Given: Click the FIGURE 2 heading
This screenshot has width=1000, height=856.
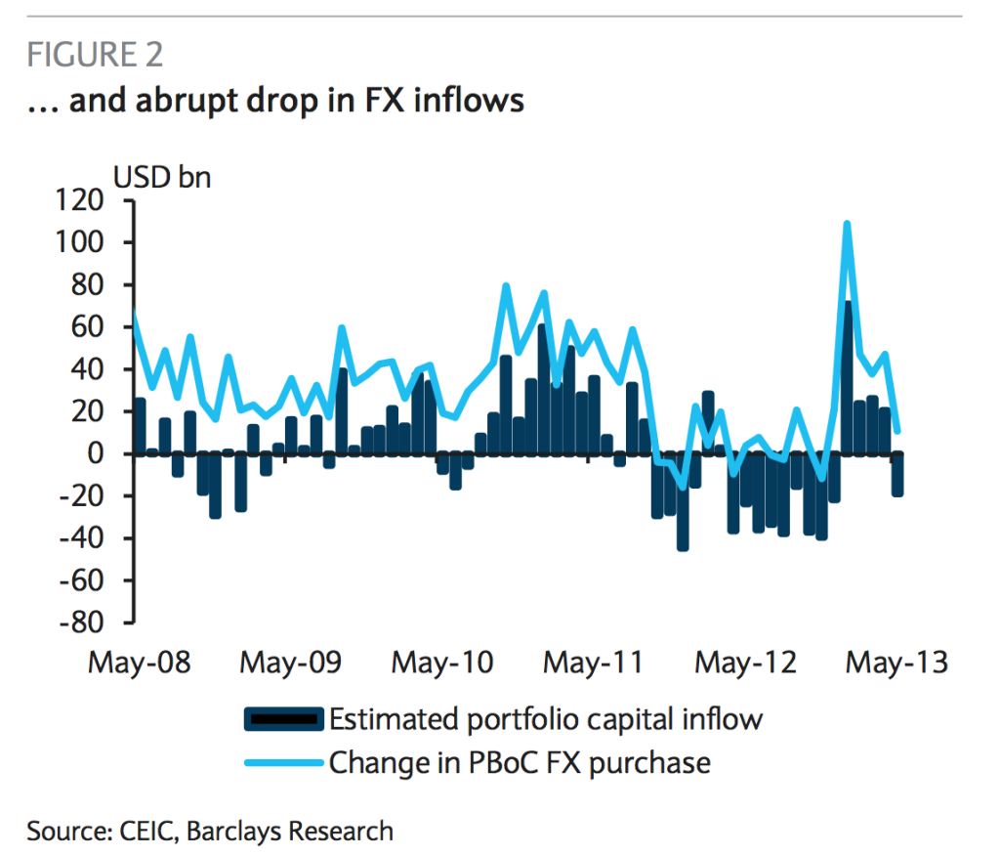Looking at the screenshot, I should (95, 55).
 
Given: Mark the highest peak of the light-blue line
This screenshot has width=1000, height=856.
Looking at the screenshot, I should (847, 224).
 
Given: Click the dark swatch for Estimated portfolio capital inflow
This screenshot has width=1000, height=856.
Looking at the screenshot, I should (282, 720).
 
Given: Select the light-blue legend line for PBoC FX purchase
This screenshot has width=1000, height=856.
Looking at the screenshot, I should (282, 761).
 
